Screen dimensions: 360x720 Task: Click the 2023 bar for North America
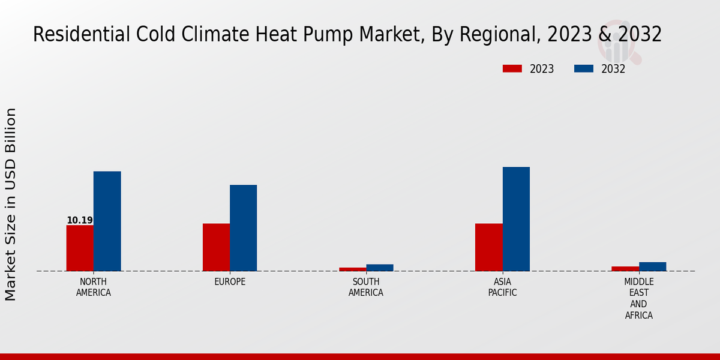(x=80, y=248)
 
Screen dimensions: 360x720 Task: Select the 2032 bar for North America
(x=107, y=221)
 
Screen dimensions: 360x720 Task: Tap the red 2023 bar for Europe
(x=216, y=247)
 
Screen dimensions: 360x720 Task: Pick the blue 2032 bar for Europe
(x=243, y=228)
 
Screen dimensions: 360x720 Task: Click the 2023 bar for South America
(x=352, y=269)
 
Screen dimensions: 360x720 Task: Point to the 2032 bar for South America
(x=379, y=268)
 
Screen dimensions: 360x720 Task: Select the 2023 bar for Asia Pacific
(x=488, y=247)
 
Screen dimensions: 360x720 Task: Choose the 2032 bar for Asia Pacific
(x=516, y=219)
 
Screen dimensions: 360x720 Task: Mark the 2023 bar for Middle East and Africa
(x=625, y=268)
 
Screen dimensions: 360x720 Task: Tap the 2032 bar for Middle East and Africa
(x=652, y=266)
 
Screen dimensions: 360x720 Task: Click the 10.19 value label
(x=80, y=220)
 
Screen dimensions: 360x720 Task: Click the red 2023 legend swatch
(x=512, y=68)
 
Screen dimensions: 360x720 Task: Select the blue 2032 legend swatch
(x=584, y=68)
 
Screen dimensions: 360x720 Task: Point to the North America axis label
(x=94, y=287)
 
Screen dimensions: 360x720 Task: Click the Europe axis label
(x=230, y=282)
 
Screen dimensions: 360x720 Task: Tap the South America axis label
(x=366, y=287)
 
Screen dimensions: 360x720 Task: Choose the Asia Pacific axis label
(x=502, y=287)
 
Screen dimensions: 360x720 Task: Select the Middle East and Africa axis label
(x=638, y=299)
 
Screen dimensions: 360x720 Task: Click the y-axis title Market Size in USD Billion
(x=11, y=204)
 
